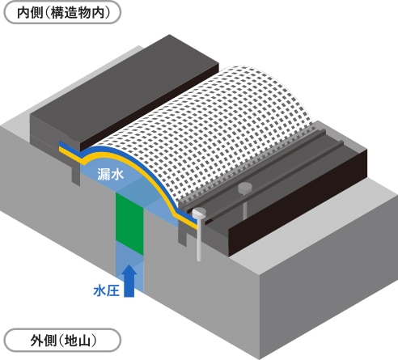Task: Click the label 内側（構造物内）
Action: tap(62, 12)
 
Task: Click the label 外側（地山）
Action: tap(62, 341)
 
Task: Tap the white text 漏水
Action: tap(111, 174)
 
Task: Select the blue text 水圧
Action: tap(106, 291)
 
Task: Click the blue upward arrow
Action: tap(129, 281)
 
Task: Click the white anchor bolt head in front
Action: tap(199, 214)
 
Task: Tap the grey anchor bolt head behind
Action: tap(245, 188)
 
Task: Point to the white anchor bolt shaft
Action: tap(199, 240)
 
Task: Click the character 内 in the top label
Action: tap(23, 13)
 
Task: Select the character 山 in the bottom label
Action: tap(83, 341)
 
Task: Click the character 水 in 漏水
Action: tap(117, 174)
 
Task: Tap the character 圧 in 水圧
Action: tap(113, 291)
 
